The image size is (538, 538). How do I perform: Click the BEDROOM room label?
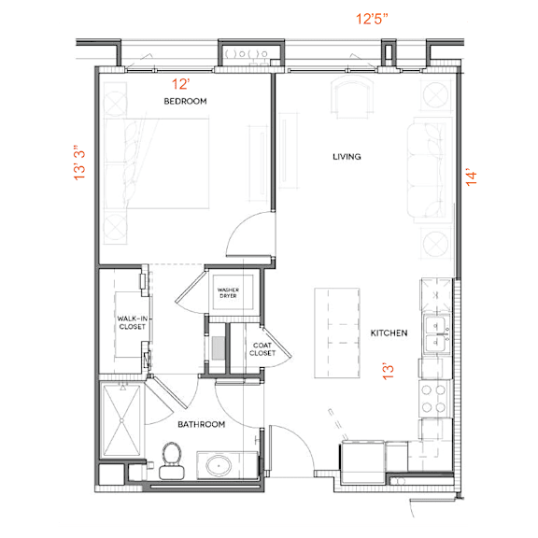(185, 101)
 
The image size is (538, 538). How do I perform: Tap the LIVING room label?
(347, 157)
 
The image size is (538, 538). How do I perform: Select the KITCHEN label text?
(389, 333)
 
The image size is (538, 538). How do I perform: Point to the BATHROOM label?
(202, 424)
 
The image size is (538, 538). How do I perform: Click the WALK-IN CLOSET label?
(133, 322)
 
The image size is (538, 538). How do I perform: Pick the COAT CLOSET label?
(262, 349)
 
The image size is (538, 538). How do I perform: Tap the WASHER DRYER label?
(228, 292)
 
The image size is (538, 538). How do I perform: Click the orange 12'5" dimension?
(372, 19)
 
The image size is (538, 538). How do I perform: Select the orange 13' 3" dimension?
(79, 163)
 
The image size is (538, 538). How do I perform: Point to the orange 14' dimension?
(471, 177)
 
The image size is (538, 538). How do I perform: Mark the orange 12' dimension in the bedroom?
(180, 84)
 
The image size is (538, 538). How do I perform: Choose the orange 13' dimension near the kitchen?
(388, 371)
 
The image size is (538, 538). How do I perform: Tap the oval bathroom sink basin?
(219, 466)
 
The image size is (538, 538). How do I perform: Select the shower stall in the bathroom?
(121, 420)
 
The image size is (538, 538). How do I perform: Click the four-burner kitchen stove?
(434, 399)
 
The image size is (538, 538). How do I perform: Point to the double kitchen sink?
(436, 334)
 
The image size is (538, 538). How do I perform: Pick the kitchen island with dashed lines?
(337, 333)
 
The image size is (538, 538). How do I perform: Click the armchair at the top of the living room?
(352, 97)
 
